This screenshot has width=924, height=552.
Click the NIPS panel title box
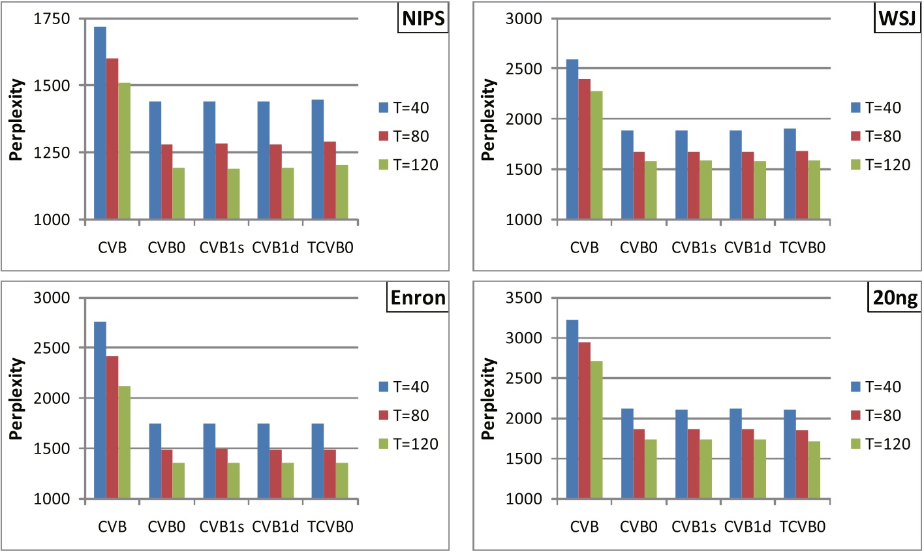(423, 19)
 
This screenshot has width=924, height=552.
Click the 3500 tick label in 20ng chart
(524, 298)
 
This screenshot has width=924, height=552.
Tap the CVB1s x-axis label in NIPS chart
(221, 248)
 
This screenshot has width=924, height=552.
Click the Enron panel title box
(418, 298)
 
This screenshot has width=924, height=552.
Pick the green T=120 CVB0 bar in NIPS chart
(178, 193)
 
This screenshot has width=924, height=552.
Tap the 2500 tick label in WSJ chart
(524, 69)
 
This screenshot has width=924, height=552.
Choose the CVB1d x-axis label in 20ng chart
(748, 527)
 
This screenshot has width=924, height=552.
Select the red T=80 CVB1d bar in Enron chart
(275, 474)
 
